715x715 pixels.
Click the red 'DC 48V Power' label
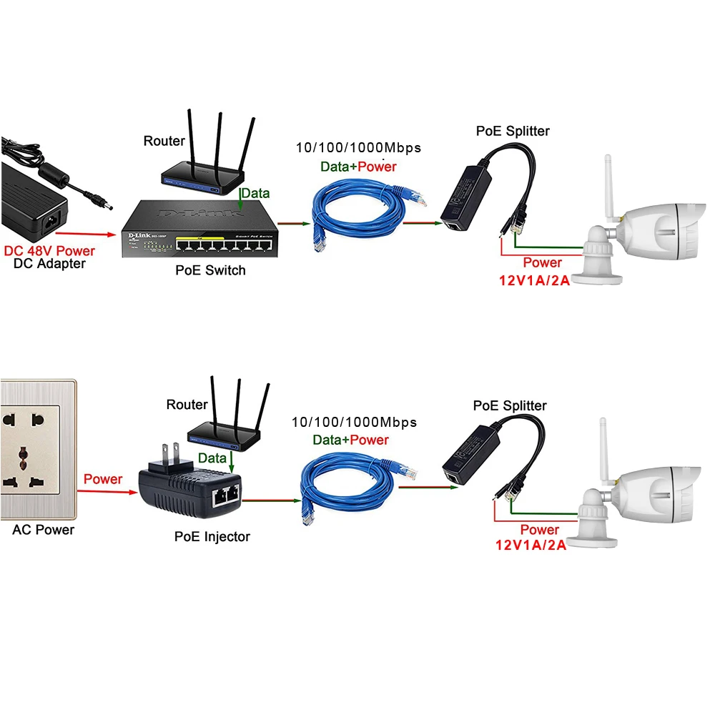click(49, 251)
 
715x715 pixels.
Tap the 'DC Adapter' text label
click(49, 264)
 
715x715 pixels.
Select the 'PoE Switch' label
click(210, 270)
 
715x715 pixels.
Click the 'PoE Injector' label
click(212, 536)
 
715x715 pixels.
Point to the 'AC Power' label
click(43, 530)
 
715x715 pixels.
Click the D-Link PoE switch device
click(198, 229)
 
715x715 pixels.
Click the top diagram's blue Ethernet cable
click(357, 211)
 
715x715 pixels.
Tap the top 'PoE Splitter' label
click(513, 131)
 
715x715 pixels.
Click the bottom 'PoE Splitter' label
click(510, 405)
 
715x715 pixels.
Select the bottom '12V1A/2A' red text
click(531, 545)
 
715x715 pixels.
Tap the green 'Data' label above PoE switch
click(255, 193)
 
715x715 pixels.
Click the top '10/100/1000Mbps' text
click(358, 148)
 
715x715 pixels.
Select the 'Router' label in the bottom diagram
click(187, 405)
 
